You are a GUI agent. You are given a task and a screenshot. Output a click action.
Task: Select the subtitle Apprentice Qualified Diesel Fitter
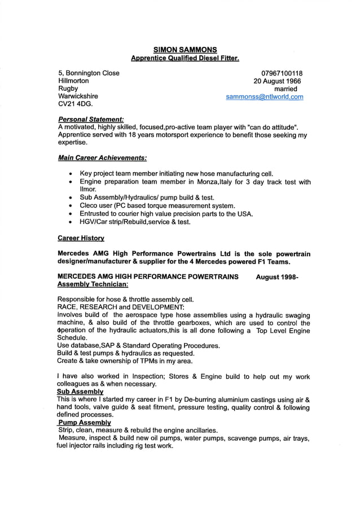coord(185,58)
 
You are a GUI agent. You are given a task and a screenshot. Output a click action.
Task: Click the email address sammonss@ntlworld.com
coord(265,97)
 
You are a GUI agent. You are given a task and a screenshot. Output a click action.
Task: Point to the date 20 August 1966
coord(277,81)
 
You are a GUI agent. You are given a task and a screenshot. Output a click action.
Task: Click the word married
coord(286,89)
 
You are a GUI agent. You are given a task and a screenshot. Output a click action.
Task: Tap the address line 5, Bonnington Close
coord(89,73)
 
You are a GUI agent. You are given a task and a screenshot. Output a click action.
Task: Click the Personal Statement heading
coord(90,120)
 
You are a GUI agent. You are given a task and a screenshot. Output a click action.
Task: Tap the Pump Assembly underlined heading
coord(85,422)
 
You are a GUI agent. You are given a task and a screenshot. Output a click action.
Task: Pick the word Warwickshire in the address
coord(78,97)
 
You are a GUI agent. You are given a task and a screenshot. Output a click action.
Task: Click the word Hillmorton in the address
coord(75,81)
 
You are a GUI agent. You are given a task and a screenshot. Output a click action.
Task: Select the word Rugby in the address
coord(68,89)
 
